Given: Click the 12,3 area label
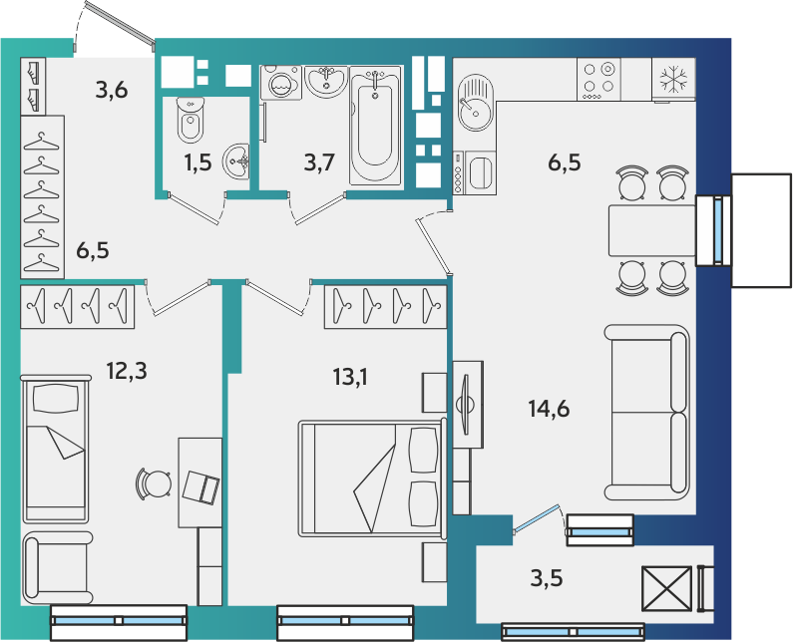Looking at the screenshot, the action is point(127,371).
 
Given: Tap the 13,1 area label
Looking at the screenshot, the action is point(350,377).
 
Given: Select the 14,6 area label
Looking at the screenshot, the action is point(549,408).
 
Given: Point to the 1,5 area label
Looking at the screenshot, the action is point(198,162).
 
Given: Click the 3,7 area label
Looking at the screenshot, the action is point(319,162).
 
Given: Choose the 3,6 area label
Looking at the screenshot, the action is point(112,90).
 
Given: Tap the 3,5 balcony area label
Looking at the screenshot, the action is point(547,578).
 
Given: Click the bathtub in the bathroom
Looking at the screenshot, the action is point(375,125).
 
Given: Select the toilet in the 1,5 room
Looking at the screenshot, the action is point(191,120).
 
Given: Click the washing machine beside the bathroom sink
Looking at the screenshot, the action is point(280,83).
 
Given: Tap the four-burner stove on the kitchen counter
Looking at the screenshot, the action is point(598,79).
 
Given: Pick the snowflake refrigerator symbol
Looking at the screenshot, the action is point(673,80).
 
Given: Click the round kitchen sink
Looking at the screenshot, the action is point(475,103).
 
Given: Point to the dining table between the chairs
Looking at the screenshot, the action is point(652,230).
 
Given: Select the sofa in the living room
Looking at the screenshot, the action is point(647,413).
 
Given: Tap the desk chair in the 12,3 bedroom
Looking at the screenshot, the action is point(154,484).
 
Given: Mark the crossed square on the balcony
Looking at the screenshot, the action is point(666,588).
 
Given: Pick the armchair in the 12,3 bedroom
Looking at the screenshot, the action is point(57,567).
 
